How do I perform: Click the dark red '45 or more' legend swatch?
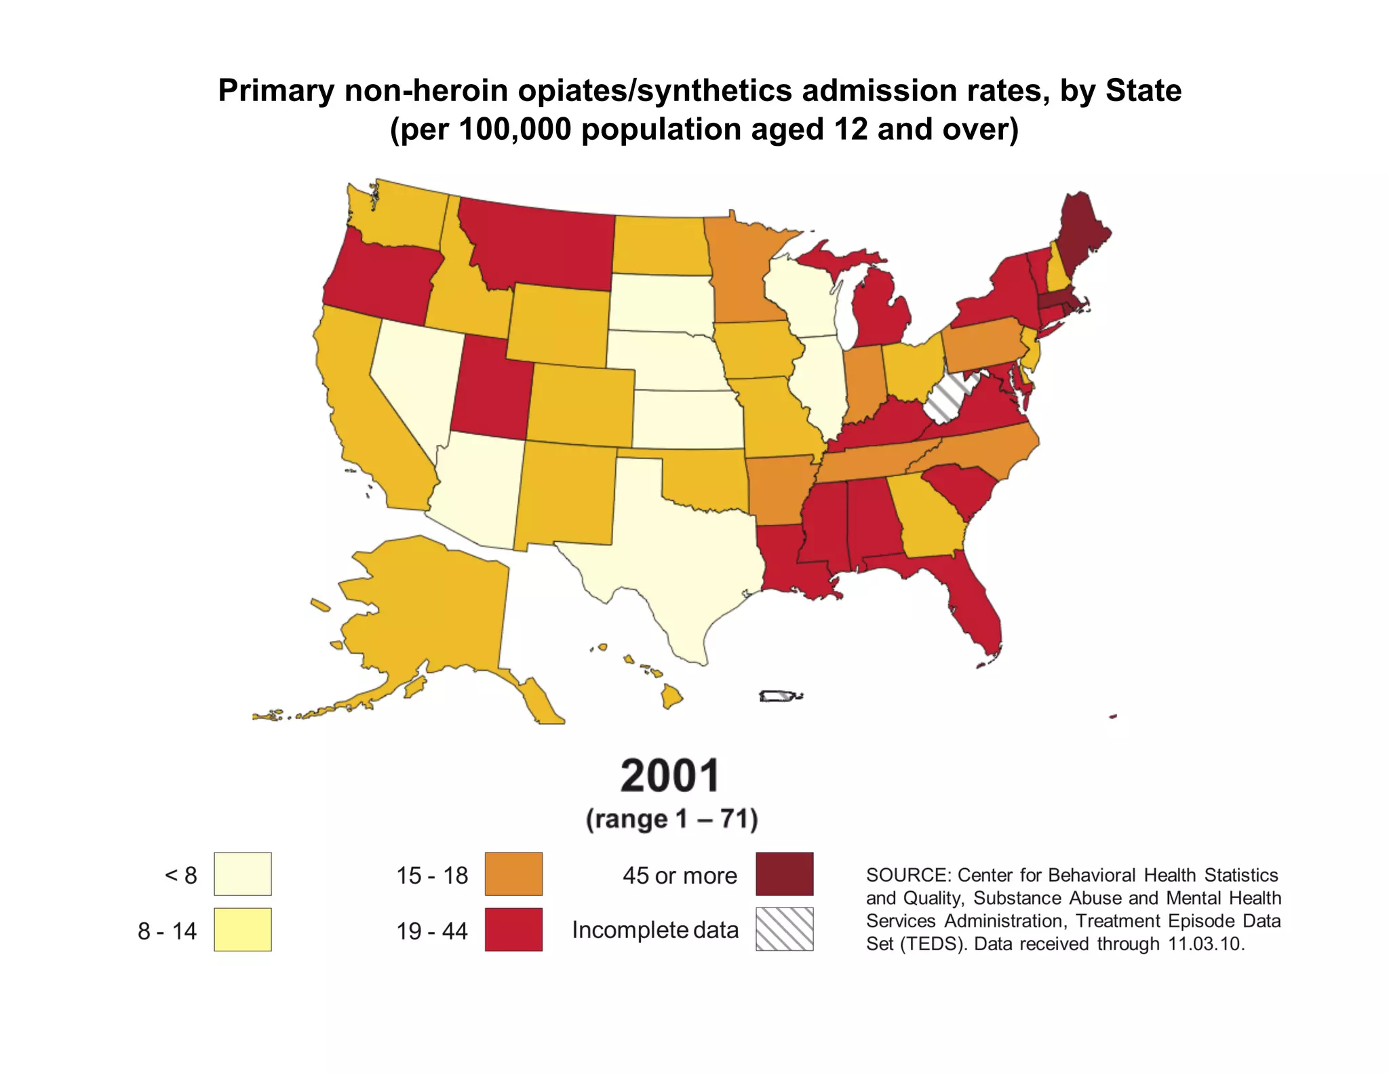[x=784, y=874]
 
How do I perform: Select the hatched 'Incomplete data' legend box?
[x=784, y=929]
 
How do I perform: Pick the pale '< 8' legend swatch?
[x=242, y=874]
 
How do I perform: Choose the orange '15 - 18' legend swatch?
[x=513, y=874]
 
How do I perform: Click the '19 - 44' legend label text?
[x=432, y=931]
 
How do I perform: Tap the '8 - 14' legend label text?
[x=167, y=931]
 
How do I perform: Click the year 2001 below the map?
[x=670, y=776]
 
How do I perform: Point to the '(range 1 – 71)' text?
[x=671, y=819]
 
